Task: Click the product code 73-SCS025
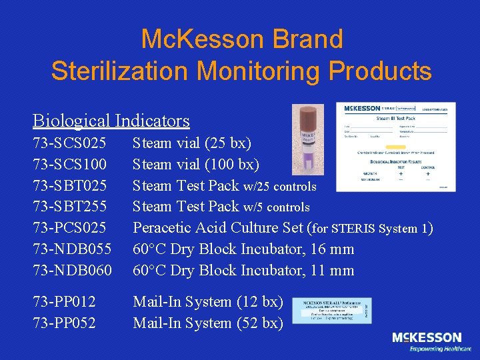(x=69, y=143)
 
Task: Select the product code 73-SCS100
(x=69, y=164)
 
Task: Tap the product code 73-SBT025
(x=69, y=185)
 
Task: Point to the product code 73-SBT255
(x=69, y=207)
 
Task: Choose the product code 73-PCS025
(x=69, y=228)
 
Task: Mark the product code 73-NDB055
(x=71, y=249)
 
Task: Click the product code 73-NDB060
(x=71, y=271)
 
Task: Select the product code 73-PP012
(x=64, y=302)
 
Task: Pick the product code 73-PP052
(x=64, y=323)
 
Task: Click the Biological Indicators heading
(x=111, y=121)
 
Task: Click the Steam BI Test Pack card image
(x=397, y=147)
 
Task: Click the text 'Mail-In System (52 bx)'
(x=208, y=323)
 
